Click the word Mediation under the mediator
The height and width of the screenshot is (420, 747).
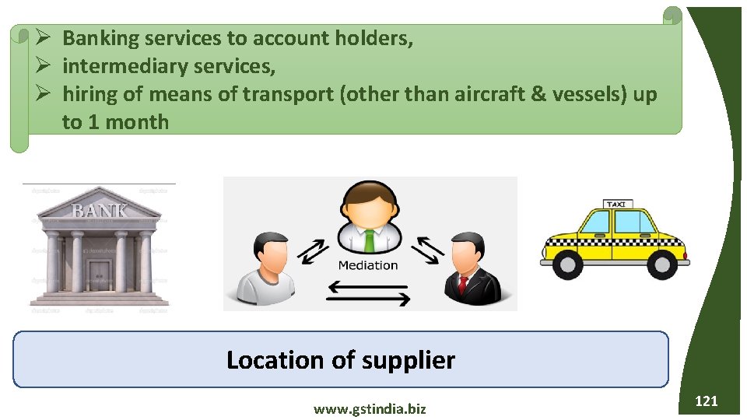pos(368,265)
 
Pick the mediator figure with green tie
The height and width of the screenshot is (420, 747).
pos(368,220)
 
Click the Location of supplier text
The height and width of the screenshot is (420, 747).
pos(341,360)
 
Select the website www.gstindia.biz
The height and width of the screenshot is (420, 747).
pos(370,408)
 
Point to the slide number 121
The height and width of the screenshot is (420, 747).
pos(706,401)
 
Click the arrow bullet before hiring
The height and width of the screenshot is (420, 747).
pos(44,94)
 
